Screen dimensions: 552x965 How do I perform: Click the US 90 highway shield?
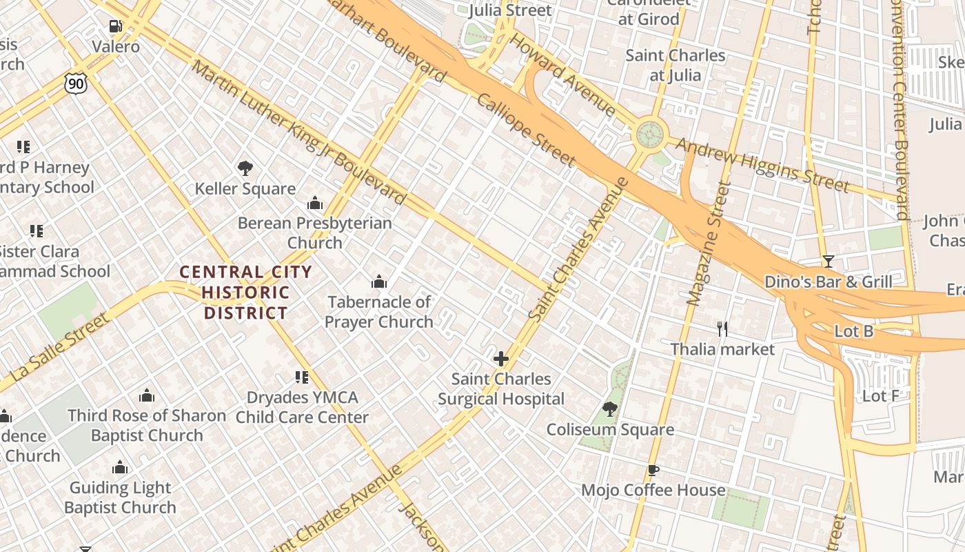76,83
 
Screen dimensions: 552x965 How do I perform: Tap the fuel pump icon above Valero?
116,26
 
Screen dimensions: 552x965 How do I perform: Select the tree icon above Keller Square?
245,168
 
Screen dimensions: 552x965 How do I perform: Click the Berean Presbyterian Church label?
314,233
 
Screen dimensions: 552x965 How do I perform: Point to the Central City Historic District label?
245,293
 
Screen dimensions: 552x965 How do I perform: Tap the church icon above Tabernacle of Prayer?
378,282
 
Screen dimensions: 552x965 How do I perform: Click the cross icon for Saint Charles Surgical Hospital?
501,359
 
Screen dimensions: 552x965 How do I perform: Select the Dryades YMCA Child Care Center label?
303,407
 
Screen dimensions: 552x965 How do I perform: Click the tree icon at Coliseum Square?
609,409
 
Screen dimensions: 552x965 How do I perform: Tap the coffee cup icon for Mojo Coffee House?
653,471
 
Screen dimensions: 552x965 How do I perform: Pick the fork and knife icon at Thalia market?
722,329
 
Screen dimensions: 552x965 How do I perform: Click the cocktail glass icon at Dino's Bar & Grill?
828,262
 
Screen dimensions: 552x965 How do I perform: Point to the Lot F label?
880,396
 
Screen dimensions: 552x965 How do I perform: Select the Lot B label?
853,331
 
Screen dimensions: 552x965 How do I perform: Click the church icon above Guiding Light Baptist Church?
120,468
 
